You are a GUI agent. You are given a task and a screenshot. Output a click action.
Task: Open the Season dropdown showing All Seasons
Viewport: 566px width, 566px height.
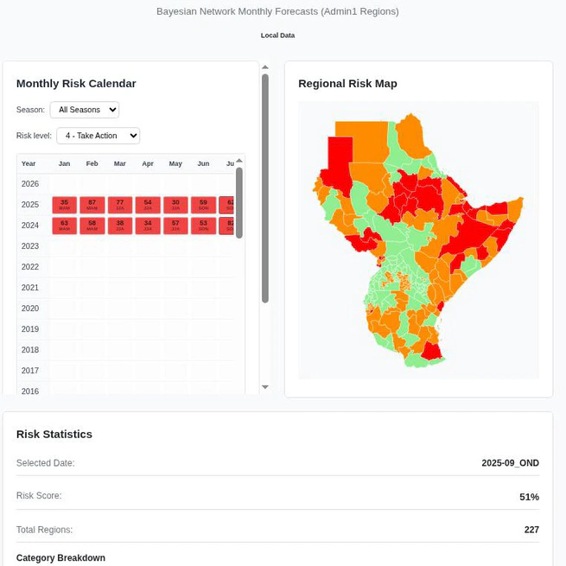point(85,110)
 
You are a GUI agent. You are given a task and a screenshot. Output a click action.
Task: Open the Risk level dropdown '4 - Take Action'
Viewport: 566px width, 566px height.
point(98,136)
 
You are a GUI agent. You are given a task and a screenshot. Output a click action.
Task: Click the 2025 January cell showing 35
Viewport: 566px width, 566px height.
point(65,205)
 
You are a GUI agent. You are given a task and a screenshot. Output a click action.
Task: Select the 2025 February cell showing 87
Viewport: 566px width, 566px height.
point(92,205)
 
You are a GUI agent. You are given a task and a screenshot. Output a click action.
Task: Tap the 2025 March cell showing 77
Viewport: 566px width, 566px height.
point(120,205)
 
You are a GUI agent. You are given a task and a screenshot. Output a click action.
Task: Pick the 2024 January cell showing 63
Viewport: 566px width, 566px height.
point(65,226)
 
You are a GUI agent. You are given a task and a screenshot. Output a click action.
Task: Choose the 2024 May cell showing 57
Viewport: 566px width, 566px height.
point(175,226)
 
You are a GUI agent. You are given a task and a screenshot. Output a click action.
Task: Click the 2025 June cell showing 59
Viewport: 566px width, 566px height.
point(203,205)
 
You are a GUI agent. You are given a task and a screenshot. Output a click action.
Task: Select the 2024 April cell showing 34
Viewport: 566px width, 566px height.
point(148,226)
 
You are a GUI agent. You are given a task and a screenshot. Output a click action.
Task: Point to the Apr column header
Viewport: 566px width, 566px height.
point(148,163)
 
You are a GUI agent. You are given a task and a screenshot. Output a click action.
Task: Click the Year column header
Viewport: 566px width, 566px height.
point(29,163)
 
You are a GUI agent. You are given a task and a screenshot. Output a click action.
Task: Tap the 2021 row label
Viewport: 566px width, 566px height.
point(30,288)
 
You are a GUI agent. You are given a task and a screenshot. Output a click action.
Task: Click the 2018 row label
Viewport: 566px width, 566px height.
point(30,350)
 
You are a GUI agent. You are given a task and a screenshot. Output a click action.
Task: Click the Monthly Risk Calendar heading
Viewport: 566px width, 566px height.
point(76,84)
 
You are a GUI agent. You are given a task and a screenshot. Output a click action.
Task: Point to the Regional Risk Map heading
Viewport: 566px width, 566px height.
point(347,84)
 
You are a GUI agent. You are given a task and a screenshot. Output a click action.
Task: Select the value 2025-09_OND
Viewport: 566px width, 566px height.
point(510,463)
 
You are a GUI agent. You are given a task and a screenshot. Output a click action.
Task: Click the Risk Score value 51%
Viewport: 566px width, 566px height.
point(529,497)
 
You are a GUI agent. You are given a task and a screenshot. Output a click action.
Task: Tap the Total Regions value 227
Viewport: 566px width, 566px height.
point(531,530)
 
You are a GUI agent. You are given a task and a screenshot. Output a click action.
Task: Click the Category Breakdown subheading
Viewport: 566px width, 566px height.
point(60,558)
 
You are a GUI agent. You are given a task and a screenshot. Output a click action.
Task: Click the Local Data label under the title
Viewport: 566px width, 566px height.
point(277,35)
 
